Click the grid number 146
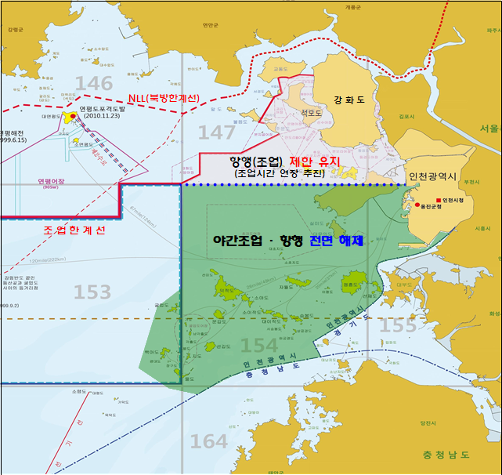[x=95, y=84]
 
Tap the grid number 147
[x=216, y=132]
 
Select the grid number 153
[x=92, y=292]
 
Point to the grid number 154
[x=258, y=345]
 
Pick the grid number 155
[x=399, y=325]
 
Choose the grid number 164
[x=209, y=441]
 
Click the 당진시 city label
[x=428, y=422]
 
